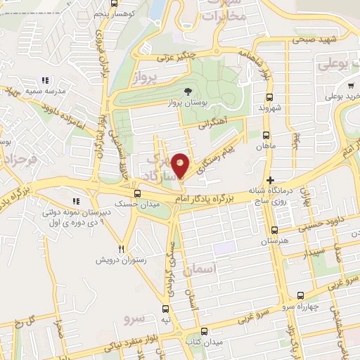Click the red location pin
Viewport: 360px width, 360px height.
tap(181, 166)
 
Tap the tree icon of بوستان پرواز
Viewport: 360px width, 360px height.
tap(187, 91)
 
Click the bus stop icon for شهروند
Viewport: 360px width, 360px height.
tap(268, 97)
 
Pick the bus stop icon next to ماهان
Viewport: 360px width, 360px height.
tap(266, 135)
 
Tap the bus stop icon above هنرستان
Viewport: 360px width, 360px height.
tap(274, 229)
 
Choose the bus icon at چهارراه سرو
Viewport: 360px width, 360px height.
tap(301, 296)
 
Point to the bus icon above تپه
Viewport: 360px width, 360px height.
tap(166, 308)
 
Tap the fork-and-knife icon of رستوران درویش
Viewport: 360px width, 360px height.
tap(122, 249)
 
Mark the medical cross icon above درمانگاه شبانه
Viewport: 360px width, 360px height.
tap(270, 180)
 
